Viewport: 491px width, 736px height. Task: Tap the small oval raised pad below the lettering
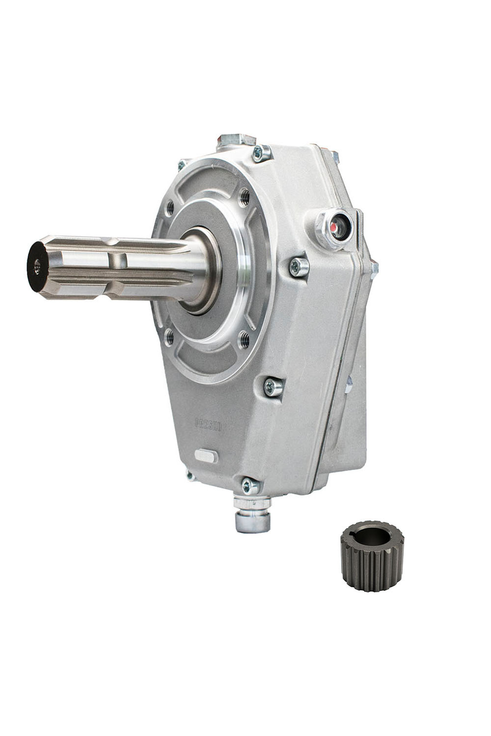205,455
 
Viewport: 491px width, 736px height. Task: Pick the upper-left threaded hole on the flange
169,209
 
